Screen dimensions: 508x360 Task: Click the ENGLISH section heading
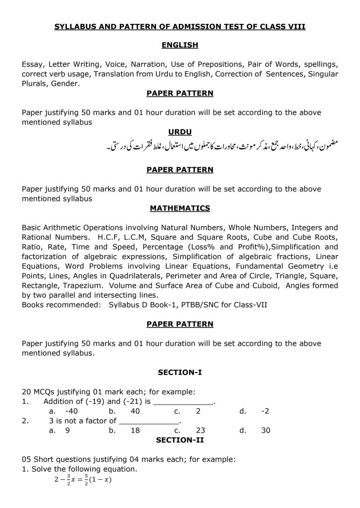[180, 46]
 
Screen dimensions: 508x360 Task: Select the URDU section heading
[180, 132]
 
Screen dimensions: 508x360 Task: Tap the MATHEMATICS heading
[180, 208]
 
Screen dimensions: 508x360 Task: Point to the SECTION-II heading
[180, 440]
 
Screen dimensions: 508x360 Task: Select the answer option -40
[71, 411]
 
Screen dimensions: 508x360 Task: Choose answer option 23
[201, 431]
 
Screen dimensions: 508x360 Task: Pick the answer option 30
[266, 431]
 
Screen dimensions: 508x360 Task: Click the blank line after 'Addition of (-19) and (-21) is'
[184, 402]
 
